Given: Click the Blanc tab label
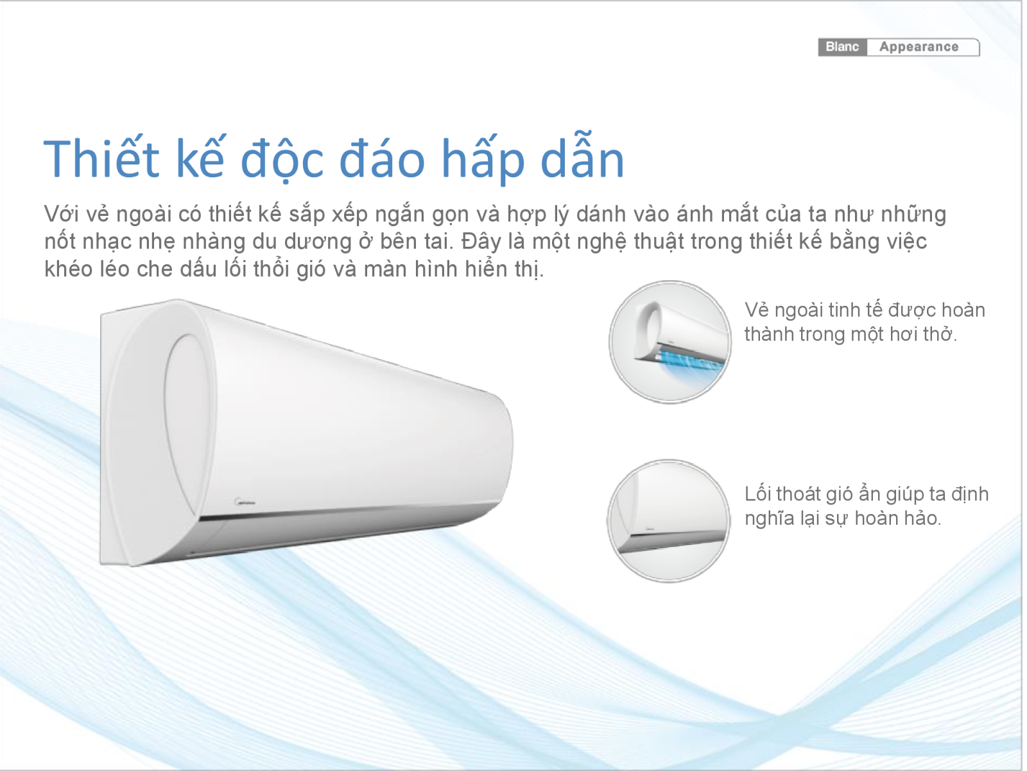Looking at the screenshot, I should tap(842, 47).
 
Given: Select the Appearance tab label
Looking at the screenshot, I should tap(919, 47).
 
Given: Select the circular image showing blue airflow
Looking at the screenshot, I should tap(670, 342).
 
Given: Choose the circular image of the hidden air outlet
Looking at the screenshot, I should tap(669, 521).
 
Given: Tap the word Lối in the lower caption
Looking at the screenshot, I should tap(758, 494).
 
